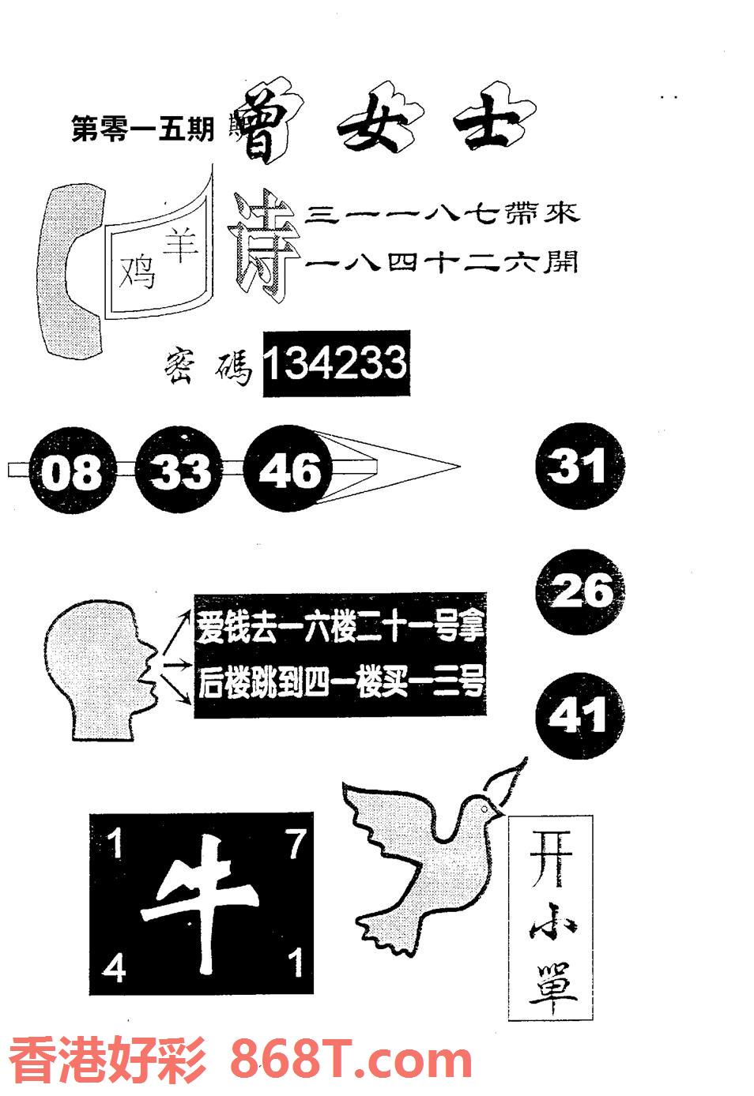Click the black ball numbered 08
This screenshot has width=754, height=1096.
tap(72, 472)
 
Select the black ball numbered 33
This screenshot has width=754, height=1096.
tap(181, 471)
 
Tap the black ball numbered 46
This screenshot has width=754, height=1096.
tap(290, 470)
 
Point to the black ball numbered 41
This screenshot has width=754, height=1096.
tap(579, 717)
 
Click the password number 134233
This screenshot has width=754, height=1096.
tap(335, 364)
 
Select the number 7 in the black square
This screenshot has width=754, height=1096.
tap(296, 846)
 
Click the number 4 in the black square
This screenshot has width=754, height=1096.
tap(114, 967)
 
